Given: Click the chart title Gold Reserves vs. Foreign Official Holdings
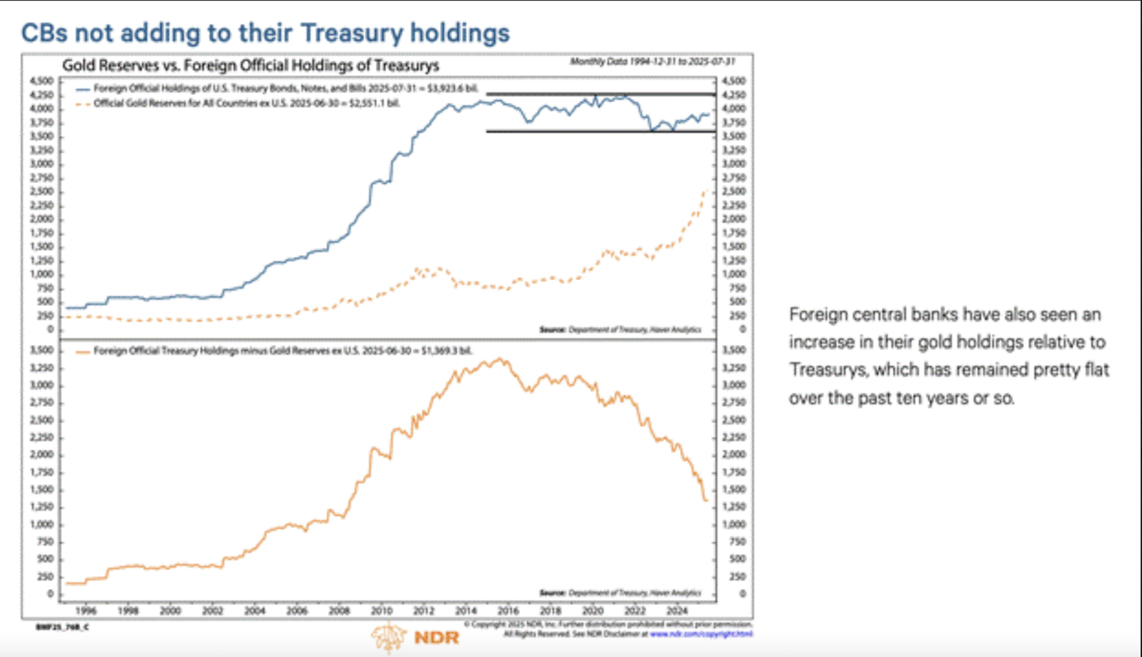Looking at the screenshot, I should pos(250,66).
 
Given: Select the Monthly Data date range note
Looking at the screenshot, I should pos(652,62).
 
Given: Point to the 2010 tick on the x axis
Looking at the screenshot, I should pos(382,611).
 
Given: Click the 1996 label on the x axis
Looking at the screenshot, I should pos(86,611).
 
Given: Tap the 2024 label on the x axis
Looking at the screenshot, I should pos(677,611).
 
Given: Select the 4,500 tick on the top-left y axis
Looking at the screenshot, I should pos(41,81).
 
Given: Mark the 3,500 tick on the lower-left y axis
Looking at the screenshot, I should pos(41,350).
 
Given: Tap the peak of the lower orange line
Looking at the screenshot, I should pos(500,359).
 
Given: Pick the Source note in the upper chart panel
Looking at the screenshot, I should pos(620,329).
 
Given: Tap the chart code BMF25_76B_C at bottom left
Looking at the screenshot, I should pos(62,627).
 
